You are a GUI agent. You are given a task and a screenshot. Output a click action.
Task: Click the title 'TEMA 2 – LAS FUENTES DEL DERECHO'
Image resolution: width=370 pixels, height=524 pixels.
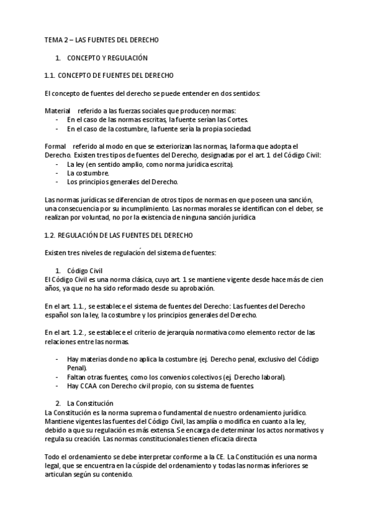(102, 40)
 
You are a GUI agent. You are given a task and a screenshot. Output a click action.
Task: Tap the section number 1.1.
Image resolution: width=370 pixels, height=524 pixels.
(51, 75)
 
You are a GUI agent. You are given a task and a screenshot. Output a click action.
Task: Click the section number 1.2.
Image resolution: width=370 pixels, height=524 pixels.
(51, 235)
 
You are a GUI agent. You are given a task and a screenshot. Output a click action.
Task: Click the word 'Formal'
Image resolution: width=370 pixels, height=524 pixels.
(55, 146)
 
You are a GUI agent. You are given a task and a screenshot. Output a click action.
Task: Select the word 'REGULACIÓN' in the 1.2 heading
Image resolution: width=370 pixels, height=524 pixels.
(85, 235)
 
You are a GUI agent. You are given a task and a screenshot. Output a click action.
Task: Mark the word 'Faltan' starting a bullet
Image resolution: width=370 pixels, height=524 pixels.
(77, 378)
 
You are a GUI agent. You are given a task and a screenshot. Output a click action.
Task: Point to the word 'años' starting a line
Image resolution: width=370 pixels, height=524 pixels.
(52, 289)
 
